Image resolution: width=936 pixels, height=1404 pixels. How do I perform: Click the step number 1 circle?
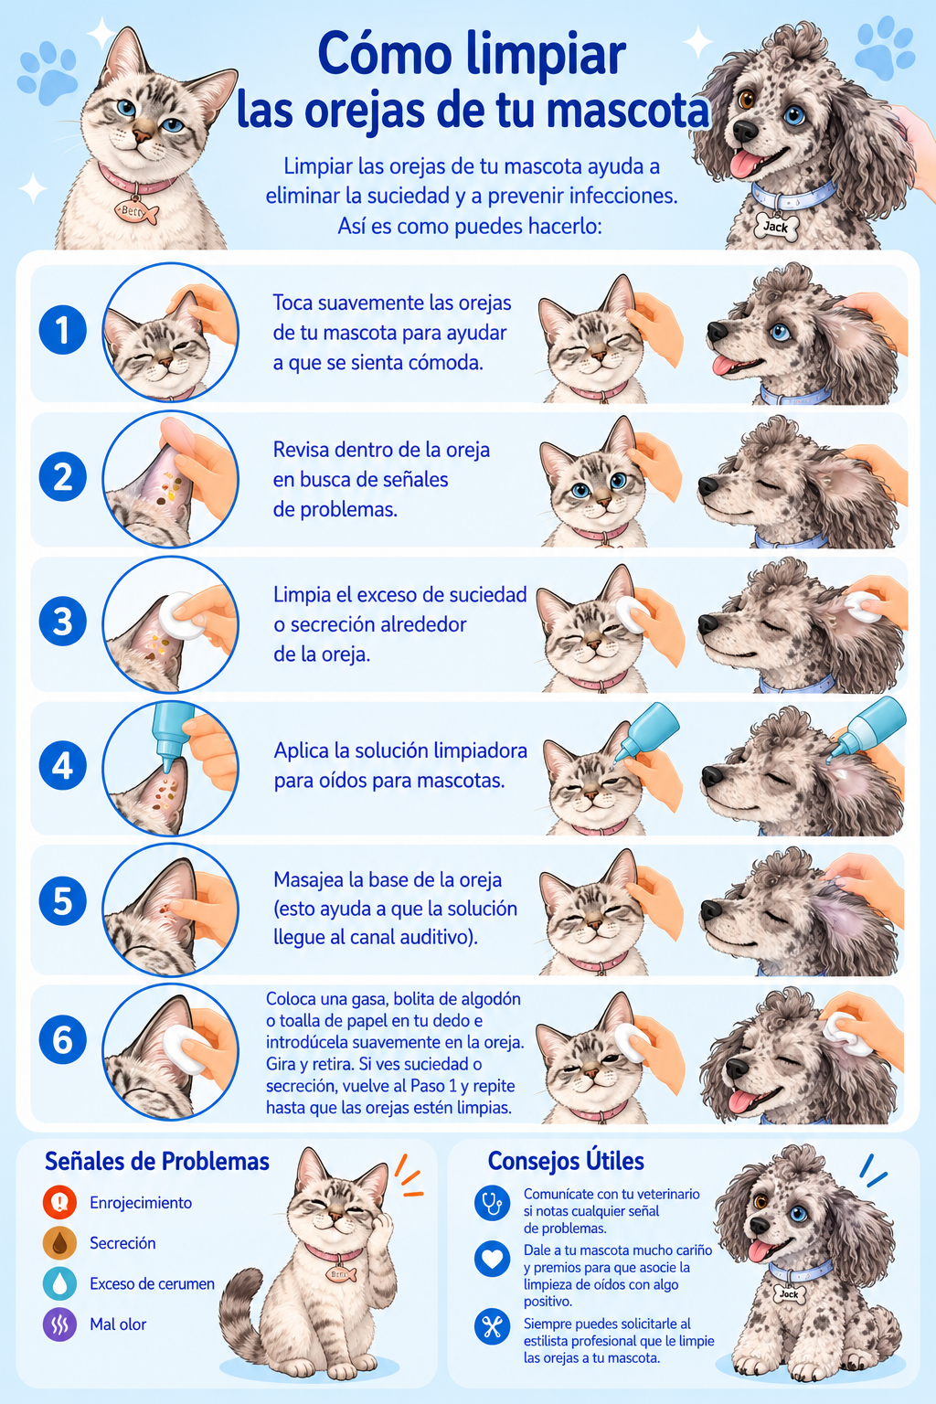tap(63, 330)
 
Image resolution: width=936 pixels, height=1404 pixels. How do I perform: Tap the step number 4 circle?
tap(63, 765)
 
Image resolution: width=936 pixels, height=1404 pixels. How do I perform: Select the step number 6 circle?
tap(63, 1040)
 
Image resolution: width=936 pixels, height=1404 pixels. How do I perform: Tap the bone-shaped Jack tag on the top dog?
tap(777, 227)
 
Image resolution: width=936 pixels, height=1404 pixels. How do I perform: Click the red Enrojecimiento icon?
tap(60, 1202)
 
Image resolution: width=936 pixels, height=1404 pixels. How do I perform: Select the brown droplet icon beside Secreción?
tap(60, 1243)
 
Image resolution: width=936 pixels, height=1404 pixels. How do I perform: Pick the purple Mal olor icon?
tap(60, 1324)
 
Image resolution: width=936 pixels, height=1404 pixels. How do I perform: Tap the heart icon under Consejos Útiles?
tap(492, 1259)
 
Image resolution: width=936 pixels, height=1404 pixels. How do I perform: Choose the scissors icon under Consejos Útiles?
tap(492, 1327)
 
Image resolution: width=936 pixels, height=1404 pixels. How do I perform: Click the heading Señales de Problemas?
tap(157, 1162)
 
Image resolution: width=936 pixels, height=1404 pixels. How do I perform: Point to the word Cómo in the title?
tap(385, 55)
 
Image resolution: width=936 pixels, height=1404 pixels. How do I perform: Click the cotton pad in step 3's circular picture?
tap(182, 614)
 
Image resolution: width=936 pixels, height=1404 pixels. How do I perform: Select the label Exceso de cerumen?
tap(153, 1283)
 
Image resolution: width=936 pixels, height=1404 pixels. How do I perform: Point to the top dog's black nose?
tap(745, 131)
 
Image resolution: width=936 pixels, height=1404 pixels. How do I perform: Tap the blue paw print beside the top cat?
tap(48, 72)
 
